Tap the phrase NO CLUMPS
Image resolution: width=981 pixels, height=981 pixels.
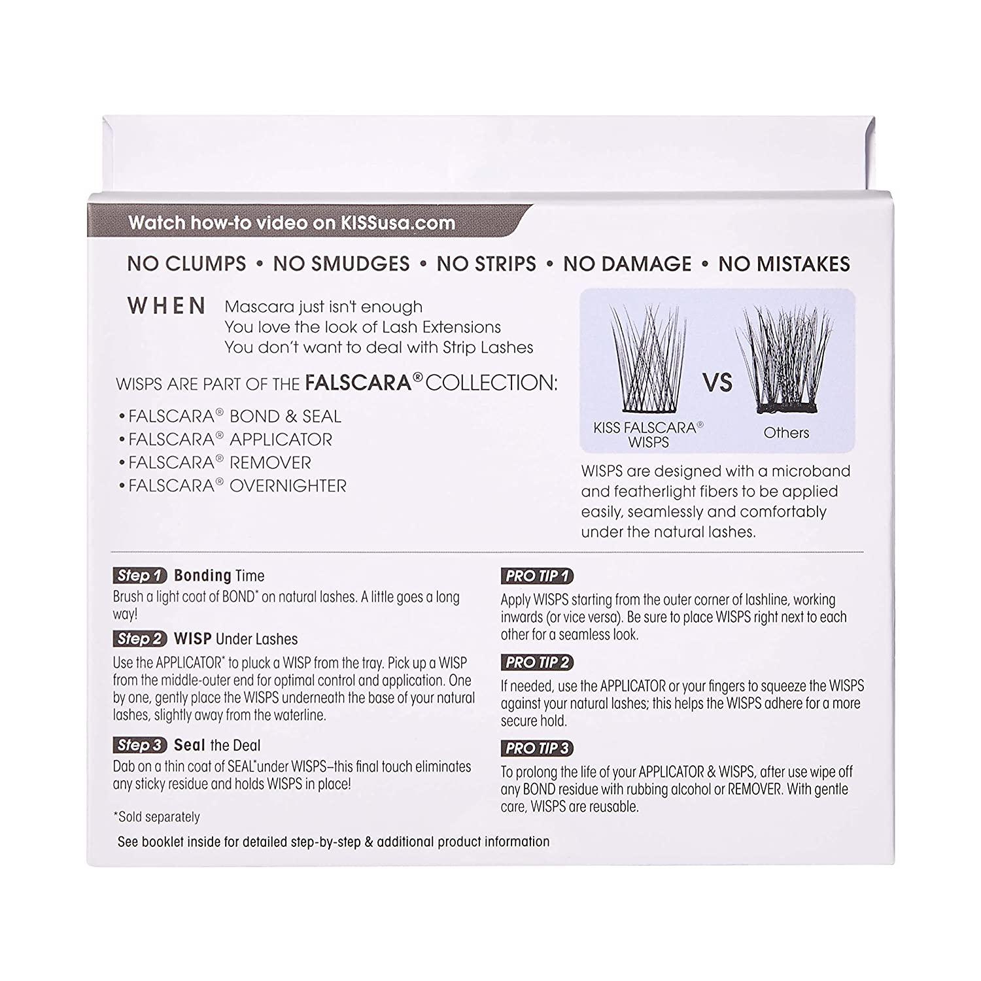pos(187,264)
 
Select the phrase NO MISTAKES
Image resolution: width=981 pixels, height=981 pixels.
pos(783,264)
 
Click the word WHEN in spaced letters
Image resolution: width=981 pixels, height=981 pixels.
pos(167,306)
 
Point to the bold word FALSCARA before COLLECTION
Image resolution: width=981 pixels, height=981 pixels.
pos(357,383)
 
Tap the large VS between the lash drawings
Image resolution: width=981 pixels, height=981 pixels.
pos(717,383)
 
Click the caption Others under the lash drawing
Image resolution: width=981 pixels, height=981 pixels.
pos(786,433)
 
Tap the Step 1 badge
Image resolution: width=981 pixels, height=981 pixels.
pos(139,576)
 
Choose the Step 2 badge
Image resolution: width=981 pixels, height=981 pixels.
pos(139,639)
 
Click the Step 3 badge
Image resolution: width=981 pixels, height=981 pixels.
pos(139,745)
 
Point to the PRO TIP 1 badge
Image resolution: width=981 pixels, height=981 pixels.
pos(537,576)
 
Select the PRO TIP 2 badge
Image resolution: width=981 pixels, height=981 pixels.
pos(537,663)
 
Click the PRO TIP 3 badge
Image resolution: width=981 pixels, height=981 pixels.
pos(537,748)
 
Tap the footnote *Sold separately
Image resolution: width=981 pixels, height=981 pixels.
pos(156,817)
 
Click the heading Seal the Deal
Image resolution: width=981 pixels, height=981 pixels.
pos(216,745)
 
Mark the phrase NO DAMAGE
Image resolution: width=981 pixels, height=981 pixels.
pos(627,264)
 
